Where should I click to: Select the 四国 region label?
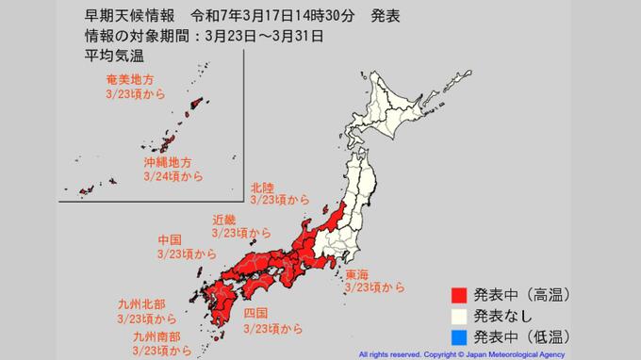tap(256, 313)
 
